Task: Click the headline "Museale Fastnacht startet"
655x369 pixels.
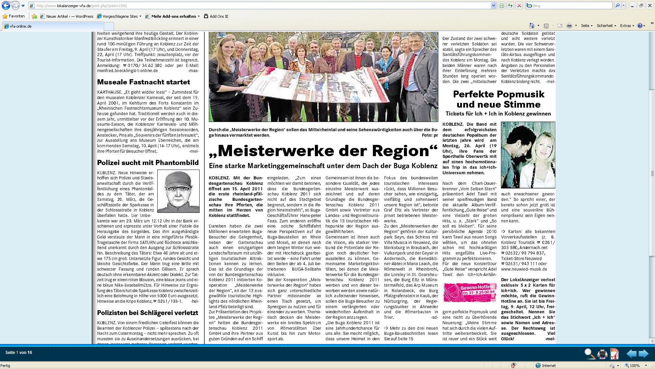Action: click(143, 82)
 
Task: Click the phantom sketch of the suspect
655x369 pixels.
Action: click(178, 191)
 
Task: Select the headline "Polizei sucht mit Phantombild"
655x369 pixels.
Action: click(148, 163)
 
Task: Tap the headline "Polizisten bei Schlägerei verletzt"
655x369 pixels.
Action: click(147, 313)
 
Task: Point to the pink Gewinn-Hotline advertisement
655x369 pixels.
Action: click(470, 292)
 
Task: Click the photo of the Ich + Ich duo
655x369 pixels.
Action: click(528, 155)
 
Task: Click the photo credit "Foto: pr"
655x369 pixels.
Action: click(430, 135)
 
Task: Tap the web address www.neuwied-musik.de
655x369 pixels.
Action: click(524, 269)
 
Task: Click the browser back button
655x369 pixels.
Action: click(6, 6)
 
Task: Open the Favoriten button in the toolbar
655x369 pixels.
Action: click(14, 16)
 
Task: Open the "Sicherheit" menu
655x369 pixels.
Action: click(606, 26)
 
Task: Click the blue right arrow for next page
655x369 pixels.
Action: click(643, 354)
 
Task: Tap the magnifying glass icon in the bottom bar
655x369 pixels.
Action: click(589, 354)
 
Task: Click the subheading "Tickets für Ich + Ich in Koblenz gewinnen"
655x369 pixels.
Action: click(498, 114)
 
